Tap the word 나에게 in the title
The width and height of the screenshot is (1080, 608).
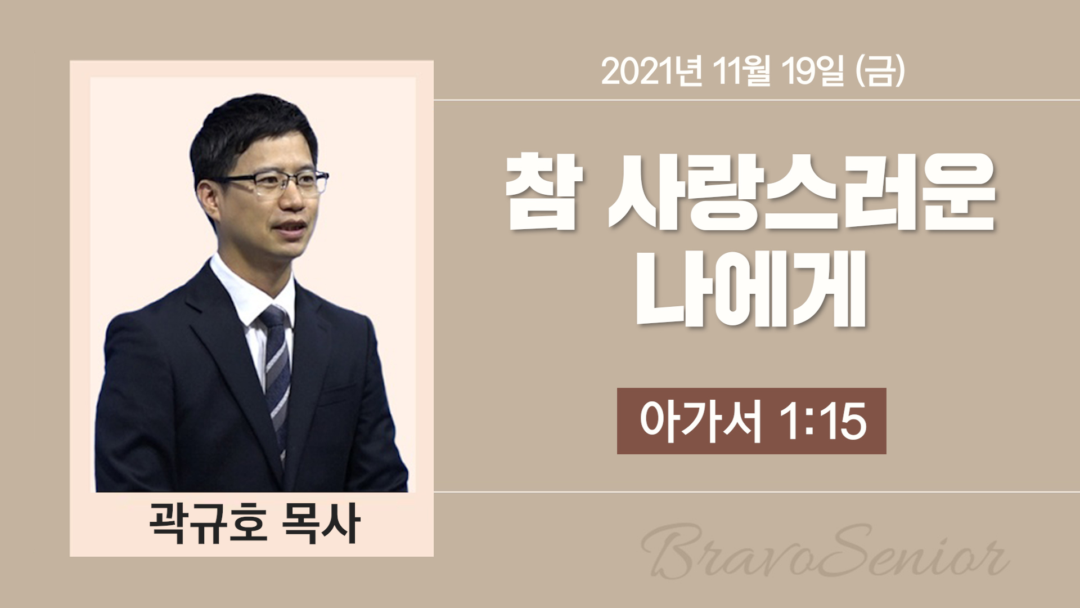[x=750, y=293]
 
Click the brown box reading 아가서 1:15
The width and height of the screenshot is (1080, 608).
[x=751, y=421]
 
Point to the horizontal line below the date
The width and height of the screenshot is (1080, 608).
[x=757, y=100]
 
